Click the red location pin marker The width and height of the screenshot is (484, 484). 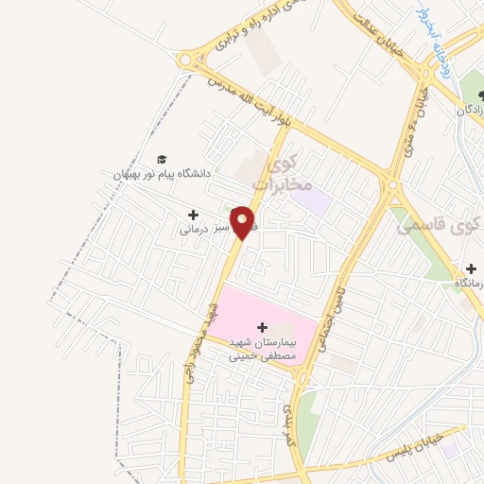click(243, 222)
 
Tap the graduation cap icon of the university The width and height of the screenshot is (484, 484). click(162, 160)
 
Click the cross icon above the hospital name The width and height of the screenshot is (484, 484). click(262, 326)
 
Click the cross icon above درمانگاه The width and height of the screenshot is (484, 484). click(470, 268)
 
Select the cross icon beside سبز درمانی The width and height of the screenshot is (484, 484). click(193, 216)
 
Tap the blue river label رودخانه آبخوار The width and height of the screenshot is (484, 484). click(436, 36)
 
